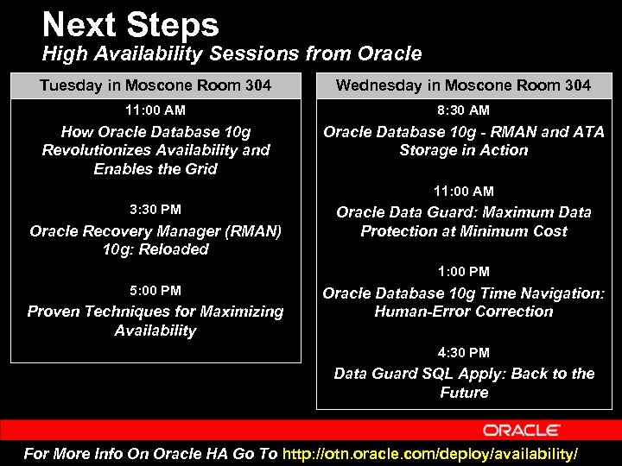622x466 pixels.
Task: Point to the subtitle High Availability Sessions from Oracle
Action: tap(232, 54)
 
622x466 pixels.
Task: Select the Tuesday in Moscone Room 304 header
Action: tap(155, 85)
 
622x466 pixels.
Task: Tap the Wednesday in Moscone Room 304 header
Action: tap(463, 85)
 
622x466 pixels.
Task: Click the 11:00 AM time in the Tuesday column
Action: tap(155, 110)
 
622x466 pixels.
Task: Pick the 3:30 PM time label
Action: tap(155, 210)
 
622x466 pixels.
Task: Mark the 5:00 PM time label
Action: tap(155, 291)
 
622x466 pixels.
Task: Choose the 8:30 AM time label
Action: tap(463, 110)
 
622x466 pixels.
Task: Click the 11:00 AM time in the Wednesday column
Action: tap(463, 192)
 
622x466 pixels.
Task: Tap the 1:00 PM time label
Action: tap(463, 272)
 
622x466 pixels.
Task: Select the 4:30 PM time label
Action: tap(463, 353)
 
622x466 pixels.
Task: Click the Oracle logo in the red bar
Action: tap(521, 430)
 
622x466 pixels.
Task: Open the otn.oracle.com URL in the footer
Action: tap(429, 454)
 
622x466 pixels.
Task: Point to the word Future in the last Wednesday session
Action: tap(464, 393)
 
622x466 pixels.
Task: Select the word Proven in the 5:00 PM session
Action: tap(54, 312)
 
